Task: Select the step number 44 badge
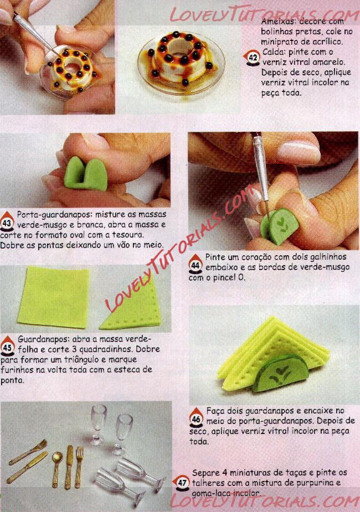click(196, 264)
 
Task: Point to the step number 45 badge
click(7, 346)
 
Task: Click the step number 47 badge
click(182, 482)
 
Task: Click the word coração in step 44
click(259, 257)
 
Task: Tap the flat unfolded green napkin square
click(54, 297)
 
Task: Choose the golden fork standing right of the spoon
click(80, 468)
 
